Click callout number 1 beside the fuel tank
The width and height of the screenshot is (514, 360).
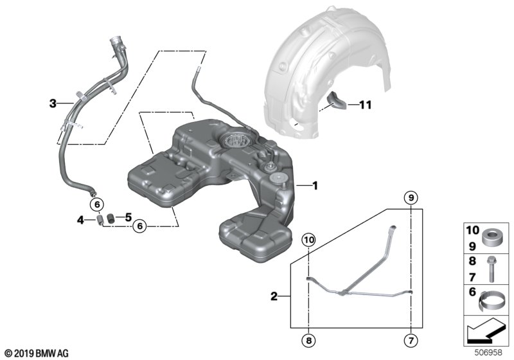[315, 186]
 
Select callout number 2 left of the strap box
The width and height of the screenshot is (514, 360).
[274, 296]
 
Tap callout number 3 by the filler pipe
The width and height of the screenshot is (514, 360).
[53, 103]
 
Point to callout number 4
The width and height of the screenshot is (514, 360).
[81, 220]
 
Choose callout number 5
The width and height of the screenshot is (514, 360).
[128, 217]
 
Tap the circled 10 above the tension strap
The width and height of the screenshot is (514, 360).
[308, 240]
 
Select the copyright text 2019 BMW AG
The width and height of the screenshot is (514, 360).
[36, 353]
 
